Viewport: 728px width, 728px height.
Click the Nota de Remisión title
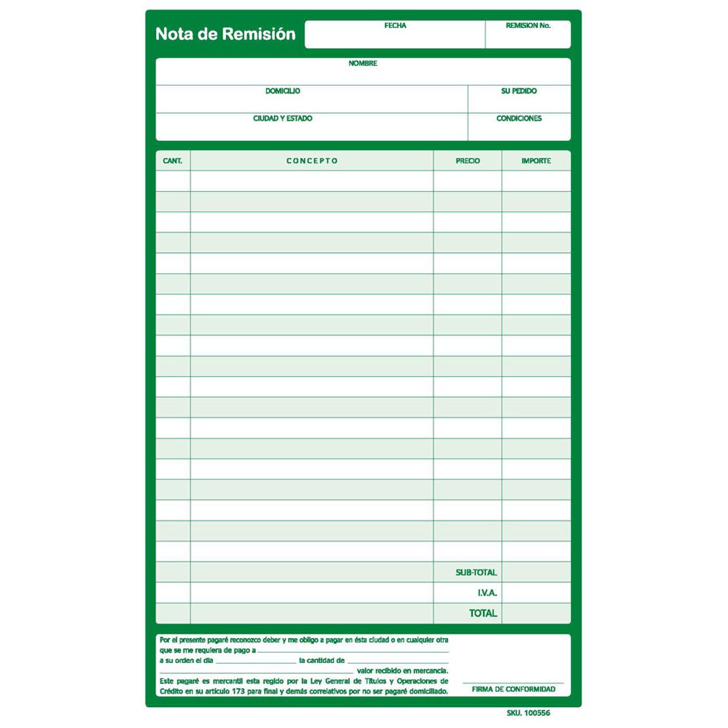(x=225, y=34)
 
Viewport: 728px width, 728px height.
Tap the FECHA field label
(x=395, y=26)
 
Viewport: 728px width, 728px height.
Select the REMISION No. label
(x=528, y=26)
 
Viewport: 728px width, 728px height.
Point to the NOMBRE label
(x=363, y=63)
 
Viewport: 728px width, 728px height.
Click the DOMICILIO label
(x=282, y=91)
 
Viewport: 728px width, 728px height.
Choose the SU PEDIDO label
(x=518, y=91)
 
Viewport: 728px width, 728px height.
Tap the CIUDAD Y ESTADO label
(x=282, y=118)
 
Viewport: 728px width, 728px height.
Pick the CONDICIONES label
(x=518, y=118)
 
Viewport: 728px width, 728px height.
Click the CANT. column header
(x=172, y=161)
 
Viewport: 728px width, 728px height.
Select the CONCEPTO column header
(x=312, y=161)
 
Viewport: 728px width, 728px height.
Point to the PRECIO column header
(x=468, y=161)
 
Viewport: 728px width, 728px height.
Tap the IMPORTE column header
(x=536, y=161)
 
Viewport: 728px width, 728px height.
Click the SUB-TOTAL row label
(x=476, y=572)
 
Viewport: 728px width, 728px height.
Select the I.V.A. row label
(x=487, y=593)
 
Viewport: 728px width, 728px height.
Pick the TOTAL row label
(x=483, y=613)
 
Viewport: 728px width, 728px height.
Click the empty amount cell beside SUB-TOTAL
(x=536, y=572)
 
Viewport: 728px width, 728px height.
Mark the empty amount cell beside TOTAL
(x=536, y=613)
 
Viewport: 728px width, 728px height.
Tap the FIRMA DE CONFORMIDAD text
(x=513, y=689)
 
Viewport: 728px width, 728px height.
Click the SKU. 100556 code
(x=528, y=713)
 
